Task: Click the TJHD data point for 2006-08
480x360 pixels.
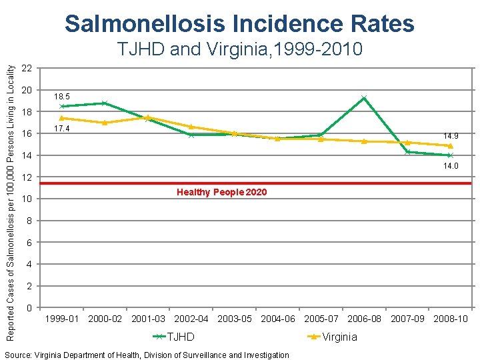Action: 364,98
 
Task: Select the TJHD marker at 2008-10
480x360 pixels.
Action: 451,155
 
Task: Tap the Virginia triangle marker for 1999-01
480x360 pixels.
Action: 61,118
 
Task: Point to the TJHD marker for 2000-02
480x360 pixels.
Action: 105,103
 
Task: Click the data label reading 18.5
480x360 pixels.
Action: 61,96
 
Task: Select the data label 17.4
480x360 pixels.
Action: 61,129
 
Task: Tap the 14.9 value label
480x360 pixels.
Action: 451,135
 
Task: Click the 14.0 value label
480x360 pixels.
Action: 451,166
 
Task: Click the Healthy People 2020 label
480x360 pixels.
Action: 221,192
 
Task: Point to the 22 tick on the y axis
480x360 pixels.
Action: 27,68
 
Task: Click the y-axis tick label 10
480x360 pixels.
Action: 27,199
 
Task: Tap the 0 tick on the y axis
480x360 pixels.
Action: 29,308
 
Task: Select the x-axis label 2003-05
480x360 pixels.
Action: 235,319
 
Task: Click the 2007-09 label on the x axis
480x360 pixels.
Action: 407,319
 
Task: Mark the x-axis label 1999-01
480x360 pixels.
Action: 61,319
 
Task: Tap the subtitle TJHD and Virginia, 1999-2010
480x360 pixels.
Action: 239,49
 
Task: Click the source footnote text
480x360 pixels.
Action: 146,355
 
